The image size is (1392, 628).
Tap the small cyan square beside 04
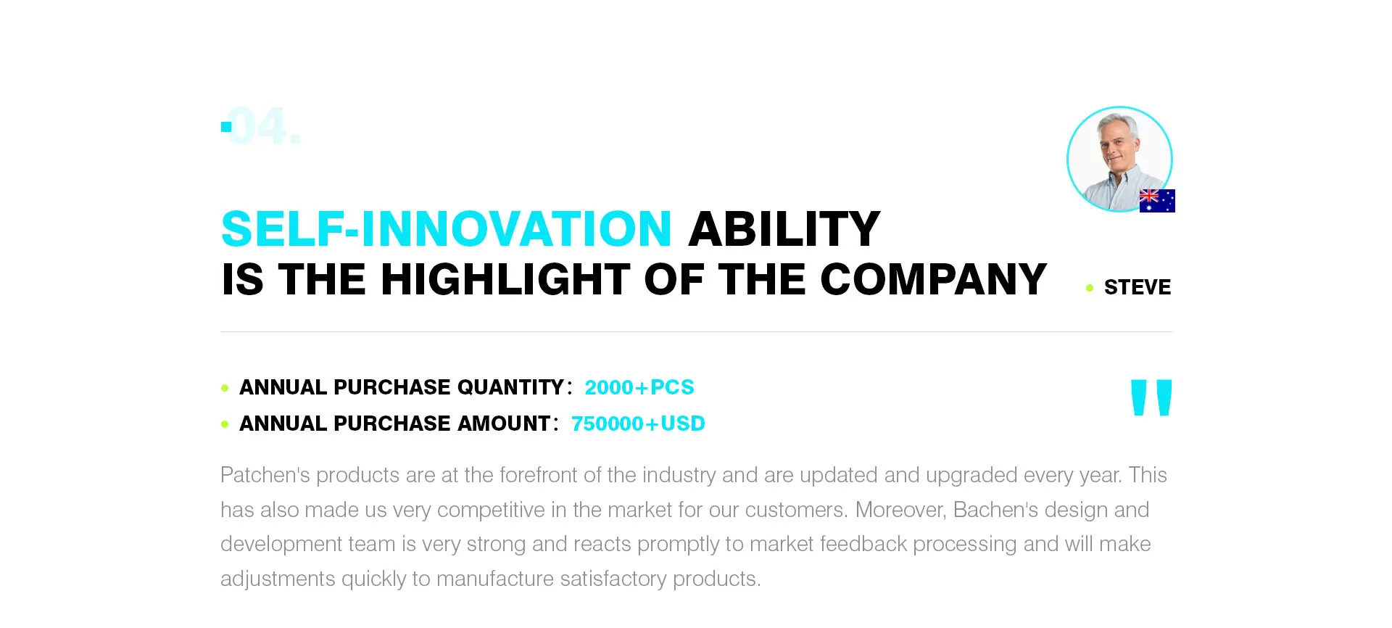coord(226,127)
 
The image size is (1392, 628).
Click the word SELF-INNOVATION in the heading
coord(447,229)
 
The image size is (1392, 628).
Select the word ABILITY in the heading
coord(784,229)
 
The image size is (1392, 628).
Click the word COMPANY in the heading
coord(933,279)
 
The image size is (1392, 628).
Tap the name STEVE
coord(1138,287)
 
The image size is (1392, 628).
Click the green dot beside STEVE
coord(1090,288)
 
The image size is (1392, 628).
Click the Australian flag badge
coord(1157,201)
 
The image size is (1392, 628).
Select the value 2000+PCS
coord(639,387)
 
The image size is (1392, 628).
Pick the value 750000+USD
coord(638,424)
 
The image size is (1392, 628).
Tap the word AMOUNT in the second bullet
coord(504,424)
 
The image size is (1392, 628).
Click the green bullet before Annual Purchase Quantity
coord(225,388)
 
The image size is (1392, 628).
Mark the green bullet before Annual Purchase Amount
coord(225,424)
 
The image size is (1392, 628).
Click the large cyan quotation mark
coord(1151,397)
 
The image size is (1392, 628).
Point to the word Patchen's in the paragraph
coord(265,475)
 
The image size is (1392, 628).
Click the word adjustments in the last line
coord(278,579)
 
